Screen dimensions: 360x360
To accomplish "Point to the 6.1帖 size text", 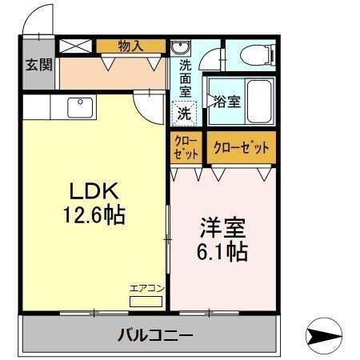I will point(222,251).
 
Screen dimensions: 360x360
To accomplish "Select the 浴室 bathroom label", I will point(226,102).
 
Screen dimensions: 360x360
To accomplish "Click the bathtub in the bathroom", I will point(261,101).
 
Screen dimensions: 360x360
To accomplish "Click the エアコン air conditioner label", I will point(147,289).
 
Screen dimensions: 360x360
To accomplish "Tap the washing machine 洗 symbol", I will point(185,113).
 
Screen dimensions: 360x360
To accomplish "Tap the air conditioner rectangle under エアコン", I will point(146,301).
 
